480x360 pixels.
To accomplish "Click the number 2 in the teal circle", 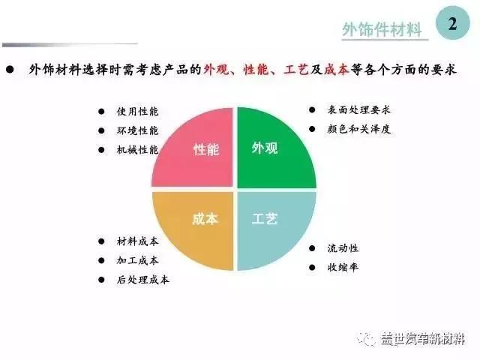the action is click(x=452, y=23).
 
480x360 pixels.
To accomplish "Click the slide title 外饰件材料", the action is click(x=382, y=30).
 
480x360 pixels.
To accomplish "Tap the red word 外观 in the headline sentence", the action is click(x=216, y=69).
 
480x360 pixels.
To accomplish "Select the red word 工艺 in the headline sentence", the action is click(x=295, y=69).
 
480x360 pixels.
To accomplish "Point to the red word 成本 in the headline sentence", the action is click(x=337, y=69).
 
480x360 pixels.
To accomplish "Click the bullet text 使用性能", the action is click(x=137, y=111).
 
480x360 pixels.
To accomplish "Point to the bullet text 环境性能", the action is click(x=137, y=130).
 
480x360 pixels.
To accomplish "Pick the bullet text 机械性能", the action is click(x=137, y=150).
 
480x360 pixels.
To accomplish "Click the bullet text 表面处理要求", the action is click(x=358, y=109).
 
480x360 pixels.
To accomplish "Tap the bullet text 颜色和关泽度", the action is click(x=358, y=129).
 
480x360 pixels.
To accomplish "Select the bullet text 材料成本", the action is click(x=137, y=241).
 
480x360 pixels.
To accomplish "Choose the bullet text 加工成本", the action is click(x=137, y=260).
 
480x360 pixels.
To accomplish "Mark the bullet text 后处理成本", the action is click(x=143, y=280).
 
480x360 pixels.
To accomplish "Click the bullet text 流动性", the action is click(x=343, y=248).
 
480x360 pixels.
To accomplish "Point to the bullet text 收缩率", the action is click(x=343, y=267).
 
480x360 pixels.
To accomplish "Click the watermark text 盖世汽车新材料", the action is click(x=423, y=339).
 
